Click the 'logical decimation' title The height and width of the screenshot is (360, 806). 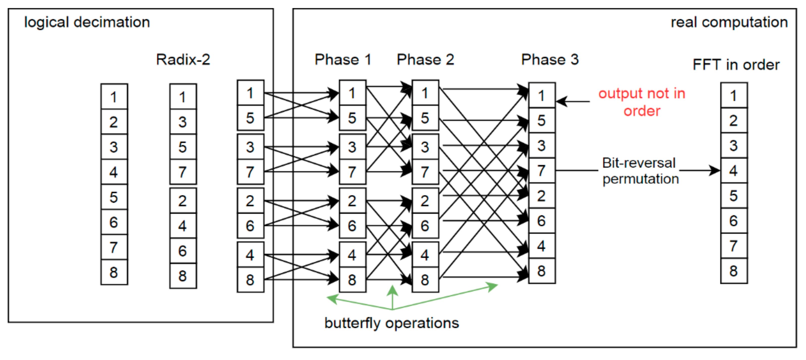point(87,22)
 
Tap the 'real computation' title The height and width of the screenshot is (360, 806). point(729,22)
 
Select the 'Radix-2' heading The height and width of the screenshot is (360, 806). point(183,59)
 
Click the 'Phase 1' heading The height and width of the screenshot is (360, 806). point(343,59)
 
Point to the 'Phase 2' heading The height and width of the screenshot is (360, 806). point(425,59)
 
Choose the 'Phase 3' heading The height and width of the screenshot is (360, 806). point(550,59)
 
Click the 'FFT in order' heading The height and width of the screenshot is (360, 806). point(736,65)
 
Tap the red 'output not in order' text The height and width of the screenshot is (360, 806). point(642,102)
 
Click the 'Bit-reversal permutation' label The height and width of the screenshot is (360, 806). point(640,171)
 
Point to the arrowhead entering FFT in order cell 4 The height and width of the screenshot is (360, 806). point(715,170)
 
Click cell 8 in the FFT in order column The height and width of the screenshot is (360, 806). point(734,271)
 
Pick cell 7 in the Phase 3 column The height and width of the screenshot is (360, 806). point(542,171)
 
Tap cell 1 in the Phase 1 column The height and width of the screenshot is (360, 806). point(352,93)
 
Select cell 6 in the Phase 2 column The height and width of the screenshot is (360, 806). point(425,226)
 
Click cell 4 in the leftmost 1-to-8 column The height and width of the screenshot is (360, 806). point(114,172)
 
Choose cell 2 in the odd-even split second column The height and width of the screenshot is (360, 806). point(183,201)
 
